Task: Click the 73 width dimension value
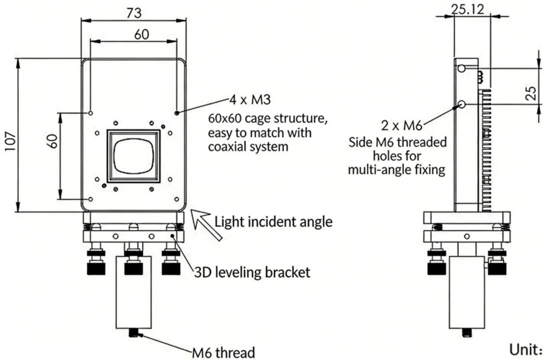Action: (133, 10)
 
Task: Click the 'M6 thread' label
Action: (223, 351)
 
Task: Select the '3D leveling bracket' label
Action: (252, 272)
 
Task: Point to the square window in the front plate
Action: (133, 156)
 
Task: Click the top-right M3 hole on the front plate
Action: (176, 113)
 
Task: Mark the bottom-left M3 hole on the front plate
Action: (90, 199)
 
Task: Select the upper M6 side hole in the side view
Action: (462, 69)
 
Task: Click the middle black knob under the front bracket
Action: (133, 265)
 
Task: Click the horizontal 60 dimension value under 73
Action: (141, 35)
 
